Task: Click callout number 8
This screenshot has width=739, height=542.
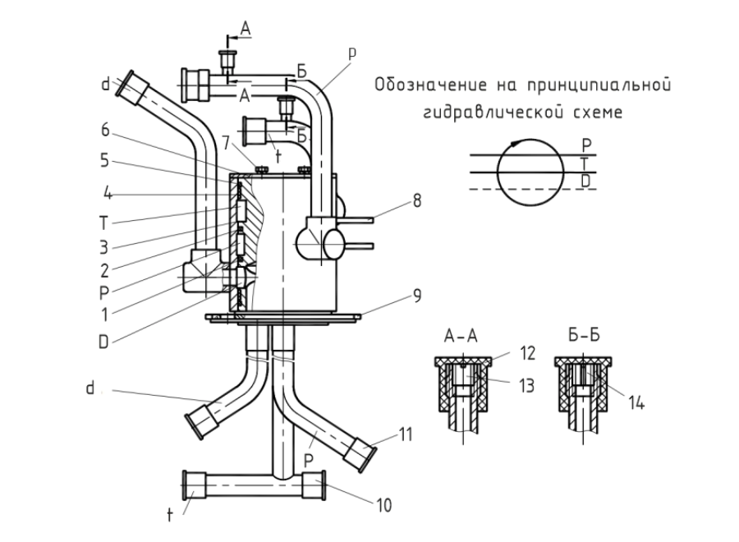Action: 416,201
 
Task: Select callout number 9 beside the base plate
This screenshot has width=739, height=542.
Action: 417,296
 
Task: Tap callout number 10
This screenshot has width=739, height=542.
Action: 384,506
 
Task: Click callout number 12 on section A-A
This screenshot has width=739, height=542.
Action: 528,353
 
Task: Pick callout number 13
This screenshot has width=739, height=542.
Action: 526,385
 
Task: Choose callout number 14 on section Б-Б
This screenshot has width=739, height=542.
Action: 636,403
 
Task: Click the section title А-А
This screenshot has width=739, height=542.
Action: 461,336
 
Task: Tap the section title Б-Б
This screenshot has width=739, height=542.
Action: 584,336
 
